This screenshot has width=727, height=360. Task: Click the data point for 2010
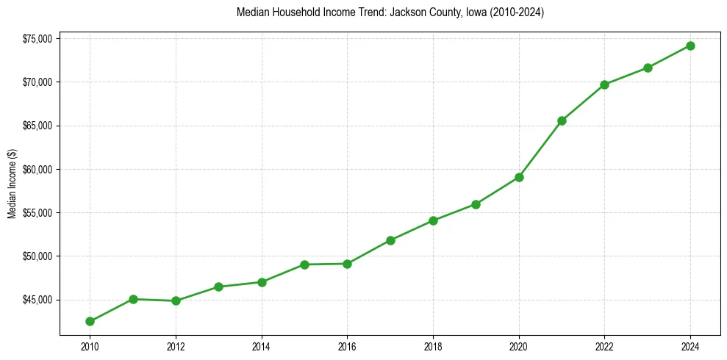[90, 321]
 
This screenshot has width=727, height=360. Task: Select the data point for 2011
[133, 299]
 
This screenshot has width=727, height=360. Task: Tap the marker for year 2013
[218, 287]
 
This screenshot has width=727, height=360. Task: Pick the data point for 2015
[304, 264]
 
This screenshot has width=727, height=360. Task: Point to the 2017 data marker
[390, 240]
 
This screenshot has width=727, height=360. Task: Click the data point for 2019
[476, 204]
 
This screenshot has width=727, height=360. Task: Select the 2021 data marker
[562, 120]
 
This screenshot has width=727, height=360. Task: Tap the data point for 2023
[648, 68]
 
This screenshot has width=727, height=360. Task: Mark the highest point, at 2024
[690, 46]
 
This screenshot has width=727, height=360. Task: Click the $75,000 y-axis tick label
[37, 38]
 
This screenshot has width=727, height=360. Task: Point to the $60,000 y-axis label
[37, 169]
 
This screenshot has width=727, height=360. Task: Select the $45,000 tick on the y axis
[37, 300]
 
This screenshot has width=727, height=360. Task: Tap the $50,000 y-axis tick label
[37, 256]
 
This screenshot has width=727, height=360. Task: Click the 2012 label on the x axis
[176, 346]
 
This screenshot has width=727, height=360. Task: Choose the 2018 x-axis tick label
[433, 346]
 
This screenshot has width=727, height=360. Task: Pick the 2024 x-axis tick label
[690, 346]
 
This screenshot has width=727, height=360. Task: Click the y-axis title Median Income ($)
[12, 184]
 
